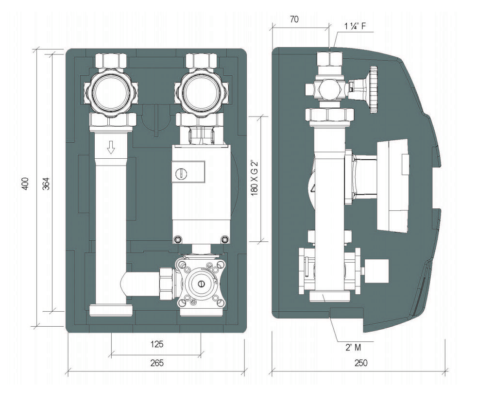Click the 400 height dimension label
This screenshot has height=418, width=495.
pyautogui.click(x=26, y=184)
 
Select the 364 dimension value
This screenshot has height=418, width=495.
pyautogui.click(x=46, y=184)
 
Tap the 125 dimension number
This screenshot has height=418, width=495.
pyautogui.click(x=156, y=344)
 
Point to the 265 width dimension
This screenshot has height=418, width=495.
pyautogui.click(x=156, y=363)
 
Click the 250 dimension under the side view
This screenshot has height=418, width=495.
pyautogui.click(x=360, y=363)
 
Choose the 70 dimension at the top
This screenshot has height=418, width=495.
pyautogui.click(x=293, y=19)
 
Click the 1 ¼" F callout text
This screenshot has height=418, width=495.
pyautogui.click(x=355, y=26)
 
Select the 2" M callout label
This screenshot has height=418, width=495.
pyautogui.click(x=353, y=347)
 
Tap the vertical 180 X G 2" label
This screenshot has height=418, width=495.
pyautogui.click(x=255, y=178)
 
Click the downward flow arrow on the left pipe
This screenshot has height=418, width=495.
pyautogui.click(x=110, y=147)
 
